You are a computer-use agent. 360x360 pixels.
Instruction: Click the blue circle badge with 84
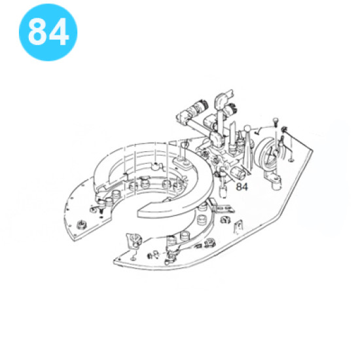(x=48, y=32)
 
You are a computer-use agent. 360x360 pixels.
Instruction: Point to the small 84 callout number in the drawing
(x=242, y=187)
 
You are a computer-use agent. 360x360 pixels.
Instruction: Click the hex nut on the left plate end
(x=81, y=224)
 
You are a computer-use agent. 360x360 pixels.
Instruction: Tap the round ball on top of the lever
(x=247, y=128)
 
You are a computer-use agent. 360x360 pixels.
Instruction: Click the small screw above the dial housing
(x=276, y=122)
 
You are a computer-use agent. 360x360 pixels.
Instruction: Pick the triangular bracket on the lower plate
(x=134, y=241)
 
